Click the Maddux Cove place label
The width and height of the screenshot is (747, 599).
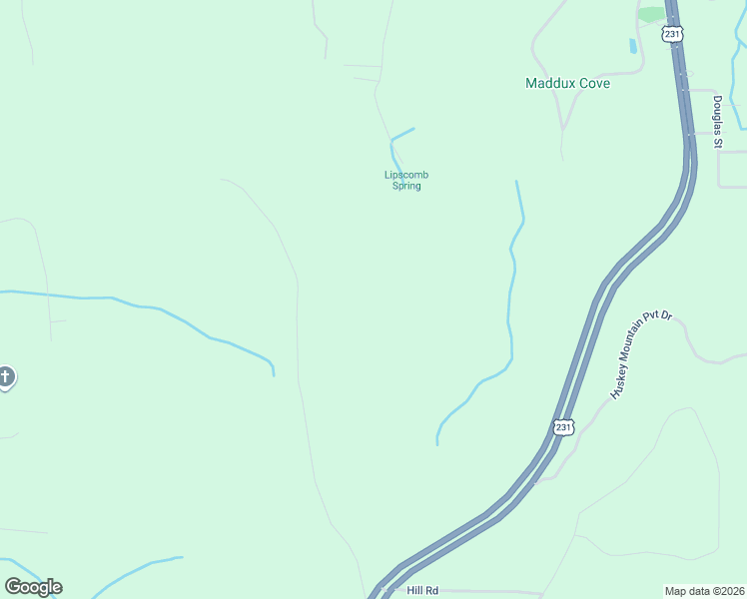[x=567, y=83]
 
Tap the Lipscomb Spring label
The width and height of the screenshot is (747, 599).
[x=406, y=181]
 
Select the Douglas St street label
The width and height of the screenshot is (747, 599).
[x=717, y=122]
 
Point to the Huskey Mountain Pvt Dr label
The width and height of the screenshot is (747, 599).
[x=641, y=355]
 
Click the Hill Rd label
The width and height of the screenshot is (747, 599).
[x=422, y=590]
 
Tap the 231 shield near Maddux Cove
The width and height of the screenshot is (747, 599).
[x=672, y=34]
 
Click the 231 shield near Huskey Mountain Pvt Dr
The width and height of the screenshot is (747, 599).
[x=564, y=426]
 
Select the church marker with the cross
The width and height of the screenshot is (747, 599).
[x=6, y=377]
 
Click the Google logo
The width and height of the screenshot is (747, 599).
[x=33, y=586]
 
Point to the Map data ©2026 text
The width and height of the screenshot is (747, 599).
[x=704, y=590]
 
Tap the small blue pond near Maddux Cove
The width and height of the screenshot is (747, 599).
[x=632, y=46]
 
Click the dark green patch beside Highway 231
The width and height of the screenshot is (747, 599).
[x=651, y=14]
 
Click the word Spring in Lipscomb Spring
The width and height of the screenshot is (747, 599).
[x=406, y=187]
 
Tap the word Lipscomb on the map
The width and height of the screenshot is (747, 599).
[x=406, y=175]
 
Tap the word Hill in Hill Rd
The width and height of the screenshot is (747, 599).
[x=414, y=590]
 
